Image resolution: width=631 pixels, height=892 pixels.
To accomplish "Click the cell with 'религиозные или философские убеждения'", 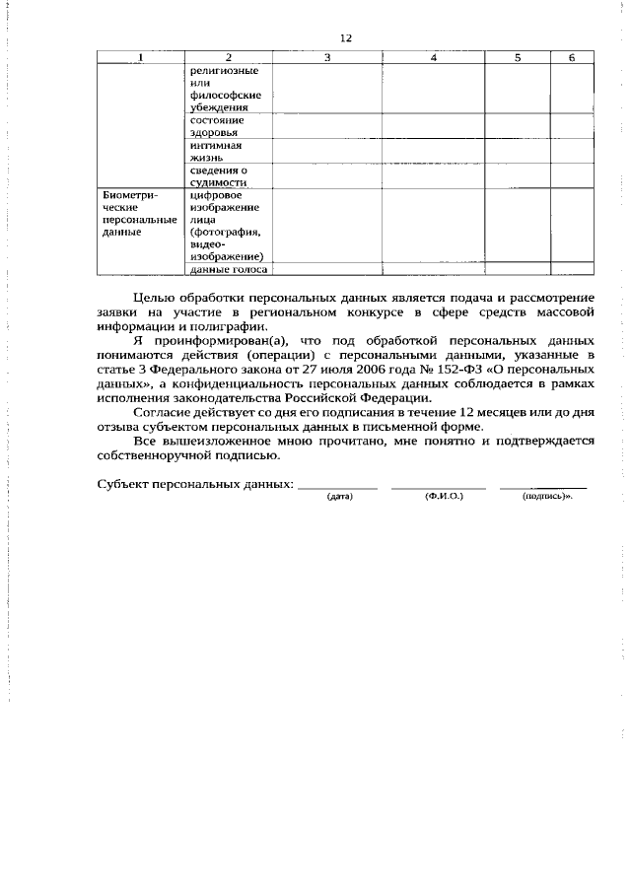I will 224,90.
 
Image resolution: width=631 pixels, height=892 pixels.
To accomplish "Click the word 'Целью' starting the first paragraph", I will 152,298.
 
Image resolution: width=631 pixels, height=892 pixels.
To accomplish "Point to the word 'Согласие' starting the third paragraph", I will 158,412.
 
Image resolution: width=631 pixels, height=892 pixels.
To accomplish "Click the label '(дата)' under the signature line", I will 339,496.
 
